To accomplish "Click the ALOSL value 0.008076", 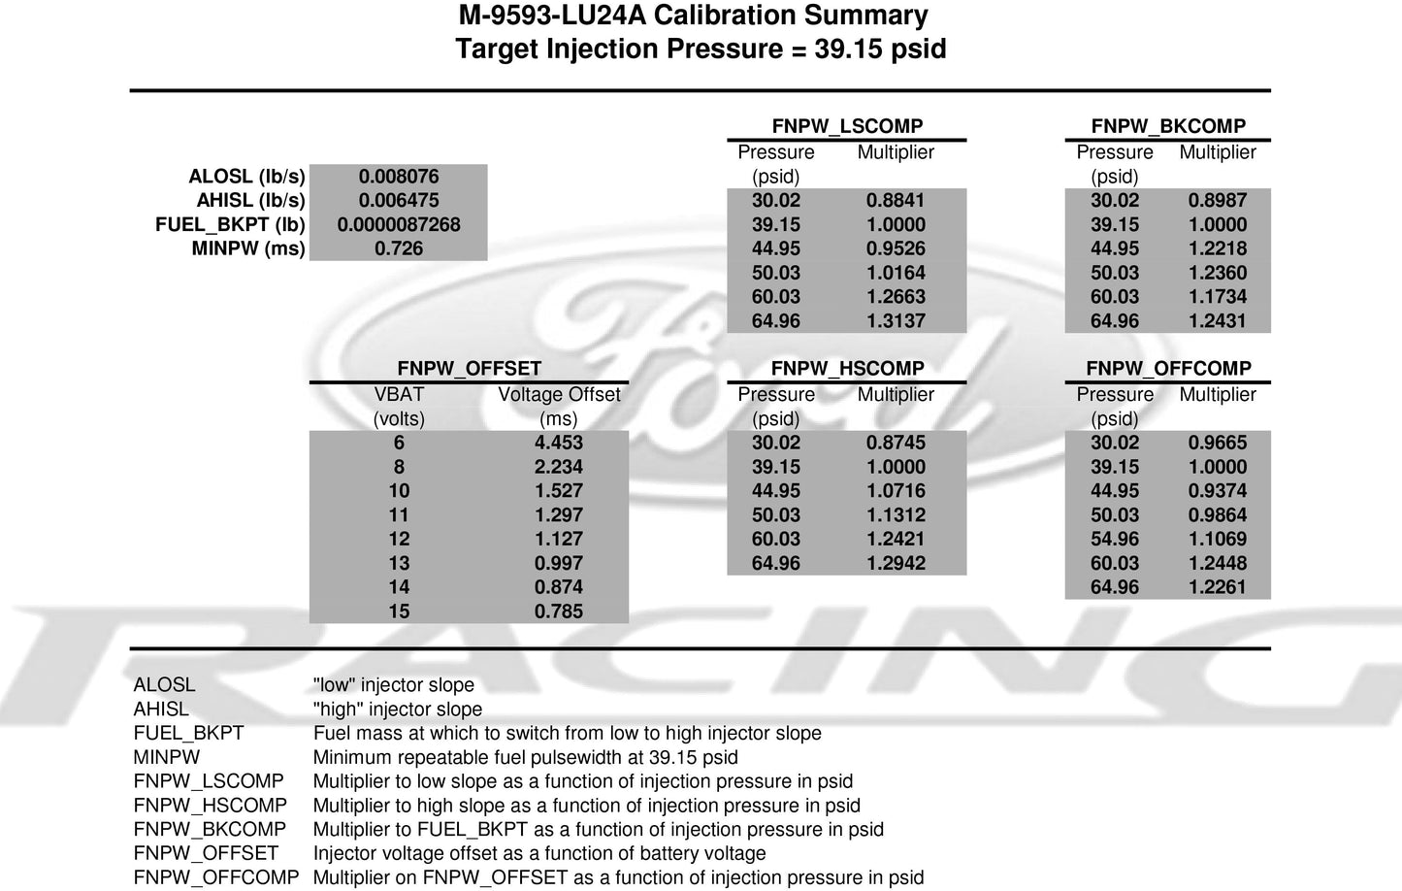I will click(399, 177).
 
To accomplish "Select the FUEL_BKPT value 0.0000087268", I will click(399, 225).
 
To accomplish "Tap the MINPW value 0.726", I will click(399, 249).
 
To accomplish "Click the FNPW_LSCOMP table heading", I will click(847, 126).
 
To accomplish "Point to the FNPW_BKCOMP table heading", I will click(1168, 126).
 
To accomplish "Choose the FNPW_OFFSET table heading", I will click(469, 369).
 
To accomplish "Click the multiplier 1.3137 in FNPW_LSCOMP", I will click(896, 321).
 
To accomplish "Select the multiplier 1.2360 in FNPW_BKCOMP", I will click(1218, 273).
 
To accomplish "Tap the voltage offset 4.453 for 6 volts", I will click(559, 443).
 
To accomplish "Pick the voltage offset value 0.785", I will click(559, 611).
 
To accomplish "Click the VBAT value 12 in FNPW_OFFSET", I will click(399, 539).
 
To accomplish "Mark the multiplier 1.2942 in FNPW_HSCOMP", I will click(896, 563).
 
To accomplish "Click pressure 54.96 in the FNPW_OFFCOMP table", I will click(1114, 539).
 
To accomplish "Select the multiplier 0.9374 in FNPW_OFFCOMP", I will click(1218, 491).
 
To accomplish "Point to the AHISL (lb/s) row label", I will click(250, 201).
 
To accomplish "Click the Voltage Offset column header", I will click(559, 395).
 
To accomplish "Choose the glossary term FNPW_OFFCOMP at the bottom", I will click(216, 877).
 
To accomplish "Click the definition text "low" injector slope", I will click(394, 685).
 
